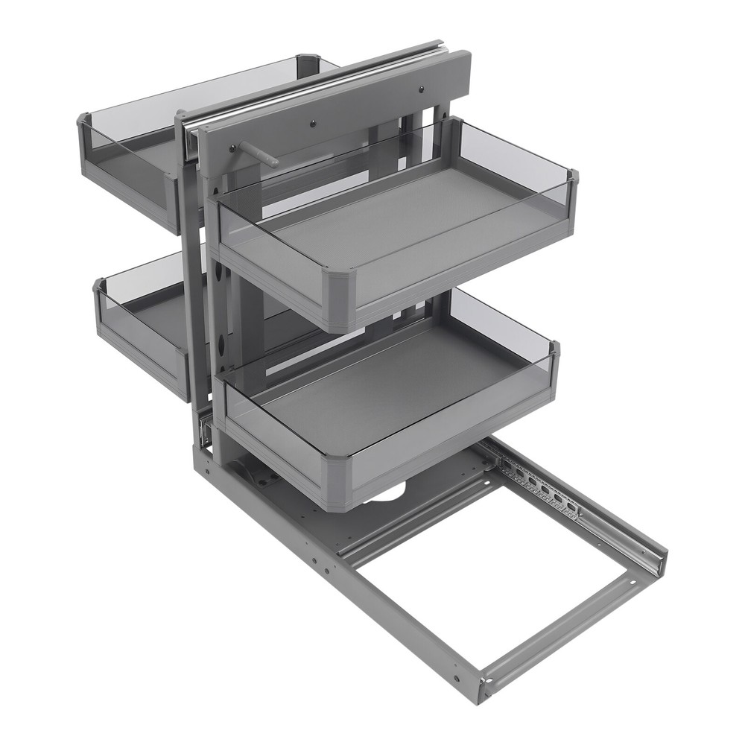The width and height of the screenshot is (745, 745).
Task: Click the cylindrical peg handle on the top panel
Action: [256, 155]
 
